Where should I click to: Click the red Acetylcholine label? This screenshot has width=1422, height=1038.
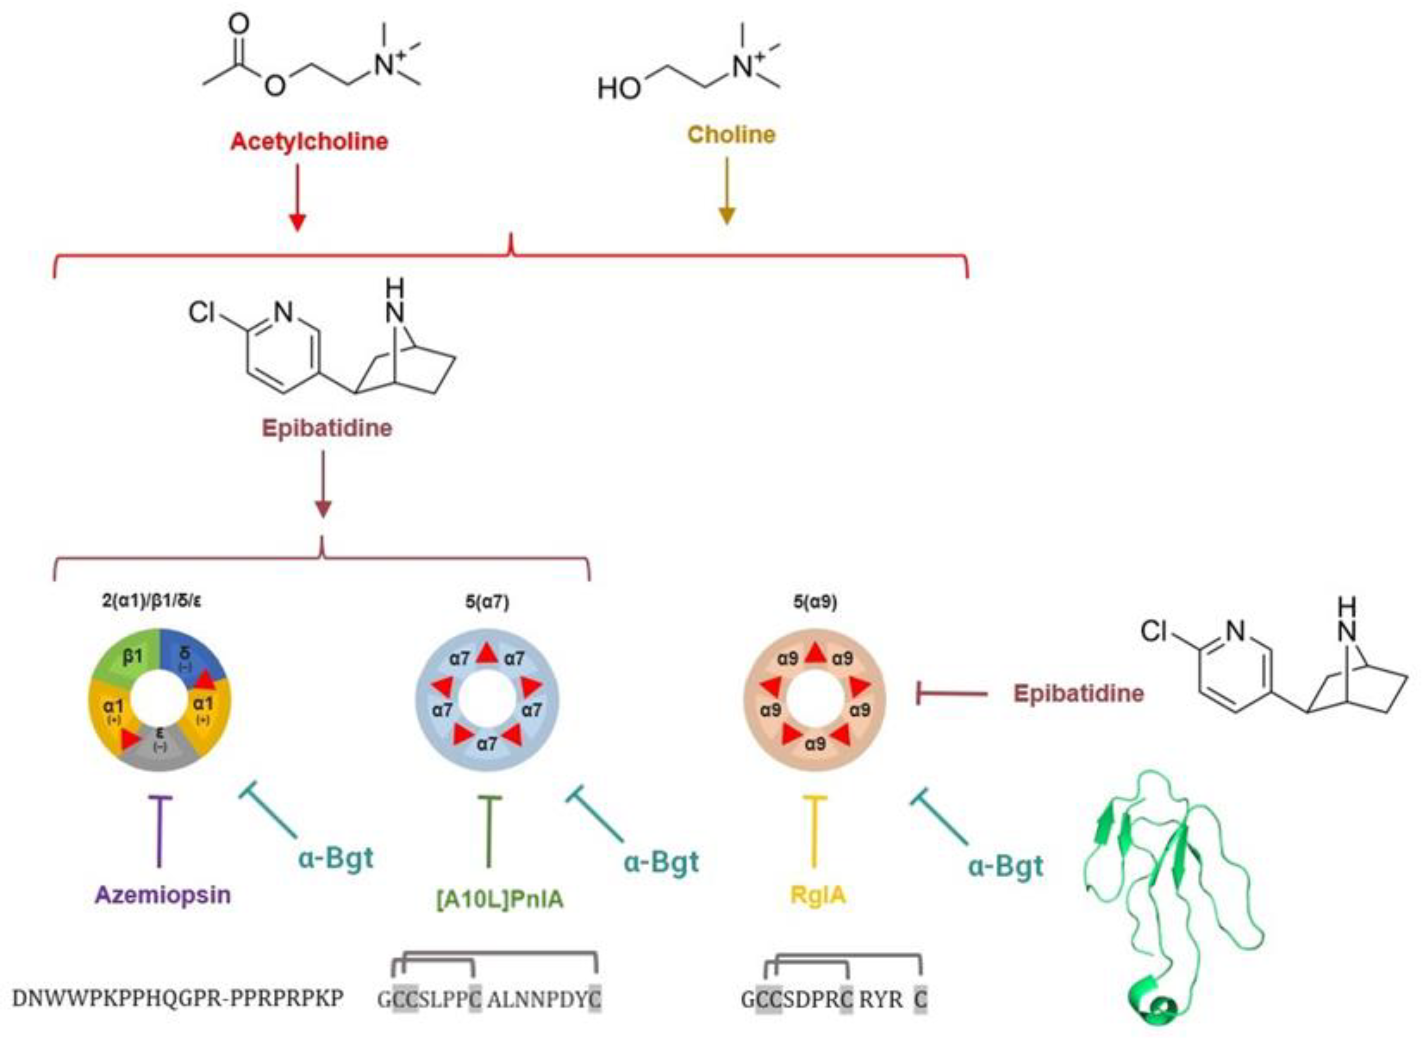[309, 141]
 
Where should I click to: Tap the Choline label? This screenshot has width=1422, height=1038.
[731, 135]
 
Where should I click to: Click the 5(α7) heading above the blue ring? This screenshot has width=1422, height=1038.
[487, 602]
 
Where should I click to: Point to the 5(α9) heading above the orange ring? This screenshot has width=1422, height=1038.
[815, 602]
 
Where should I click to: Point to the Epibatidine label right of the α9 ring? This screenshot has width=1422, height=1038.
[1078, 694]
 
